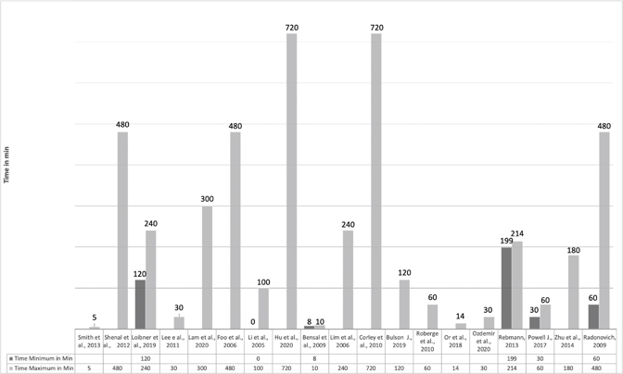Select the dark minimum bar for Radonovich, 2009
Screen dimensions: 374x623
[x=592, y=316]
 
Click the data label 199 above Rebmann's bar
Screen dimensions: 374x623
[x=505, y=241]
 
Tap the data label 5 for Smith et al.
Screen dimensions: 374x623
[x=95, y=318]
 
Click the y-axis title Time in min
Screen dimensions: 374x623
[x=7, y=163]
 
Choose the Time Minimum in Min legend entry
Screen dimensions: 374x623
[x=42, y=357]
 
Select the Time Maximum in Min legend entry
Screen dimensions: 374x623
[x=42, y=368]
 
